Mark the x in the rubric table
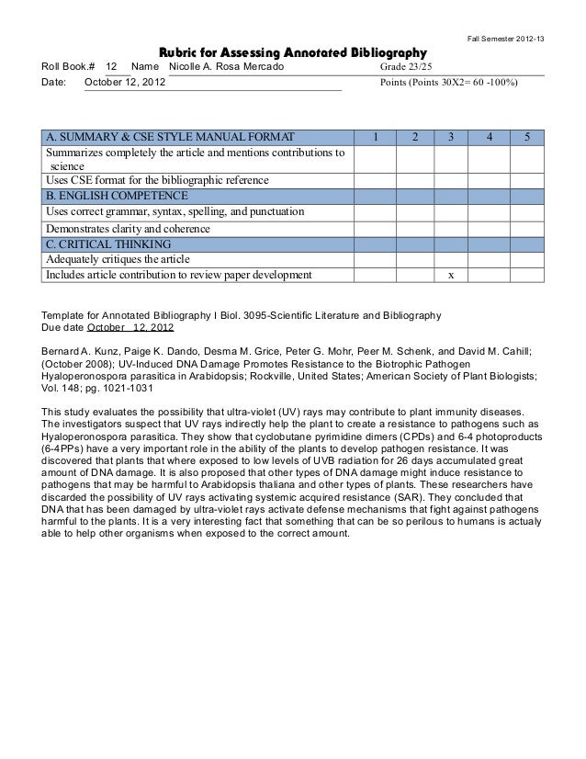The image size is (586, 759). click(450, 275)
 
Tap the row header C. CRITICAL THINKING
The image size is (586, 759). click(107, 244)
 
